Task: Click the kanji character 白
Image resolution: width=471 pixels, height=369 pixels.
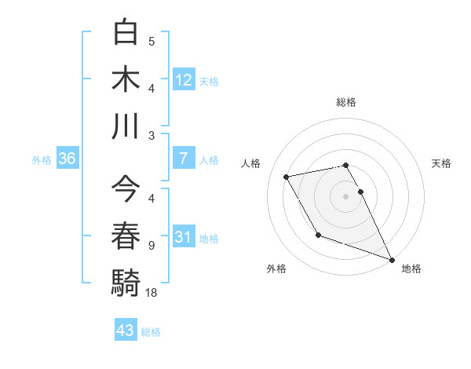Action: click(x=126, y=32)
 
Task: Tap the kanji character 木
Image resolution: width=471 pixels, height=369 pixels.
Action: click(x=126, y=79)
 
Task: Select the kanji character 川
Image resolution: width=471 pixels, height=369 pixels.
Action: click(x=126, y=126)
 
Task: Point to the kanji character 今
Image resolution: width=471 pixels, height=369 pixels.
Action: click(x=126, y=189)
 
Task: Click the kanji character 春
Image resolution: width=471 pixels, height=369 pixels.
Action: click(x=126, y=236)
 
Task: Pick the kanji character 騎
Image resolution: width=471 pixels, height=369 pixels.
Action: click(x=126, y=282)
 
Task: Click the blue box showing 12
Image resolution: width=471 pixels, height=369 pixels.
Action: click(x=183, y=80)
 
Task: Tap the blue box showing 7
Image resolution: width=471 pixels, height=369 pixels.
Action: click(x=183, y=159)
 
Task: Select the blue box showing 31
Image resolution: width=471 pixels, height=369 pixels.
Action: click(x=183, y=237)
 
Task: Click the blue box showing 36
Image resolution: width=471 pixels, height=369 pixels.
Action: click(x=68, y=159)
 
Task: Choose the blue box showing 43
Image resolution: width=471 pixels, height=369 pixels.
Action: click(x=125, y=331)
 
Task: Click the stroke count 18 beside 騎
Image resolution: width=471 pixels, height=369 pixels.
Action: click(x=152, y=293)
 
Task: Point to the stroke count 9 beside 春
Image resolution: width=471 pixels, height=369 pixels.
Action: click(x=152, y=246)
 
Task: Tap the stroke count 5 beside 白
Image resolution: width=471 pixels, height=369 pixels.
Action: click(x=152, y=42)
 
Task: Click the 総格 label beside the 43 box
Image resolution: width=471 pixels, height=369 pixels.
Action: click(x=151, y=332)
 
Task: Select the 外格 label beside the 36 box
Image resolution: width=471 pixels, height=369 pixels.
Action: click(x=42, y=159)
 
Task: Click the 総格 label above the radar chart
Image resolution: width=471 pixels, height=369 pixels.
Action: click(x=346, y=102)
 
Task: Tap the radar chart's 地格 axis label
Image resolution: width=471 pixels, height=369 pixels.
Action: click(x=411, y=269)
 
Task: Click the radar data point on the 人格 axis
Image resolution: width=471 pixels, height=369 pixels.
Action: click(x=287, y=177)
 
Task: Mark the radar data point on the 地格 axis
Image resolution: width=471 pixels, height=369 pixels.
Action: click(x=392, y=260)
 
